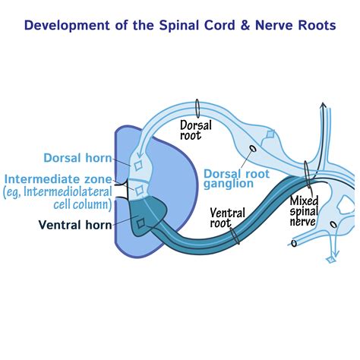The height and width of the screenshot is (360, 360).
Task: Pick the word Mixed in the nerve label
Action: point(305,201)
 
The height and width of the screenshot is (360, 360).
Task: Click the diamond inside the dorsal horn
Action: point(137,165)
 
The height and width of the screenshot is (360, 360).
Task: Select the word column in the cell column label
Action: point(92,204)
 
